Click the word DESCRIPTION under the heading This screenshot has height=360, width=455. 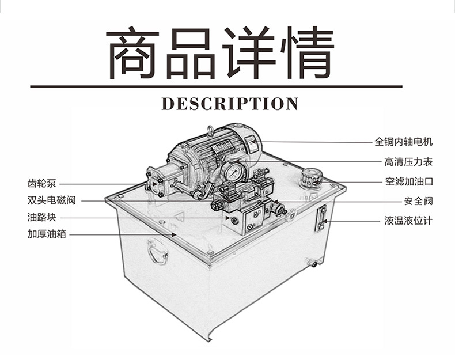click(230, 104)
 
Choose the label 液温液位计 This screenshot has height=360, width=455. click(408, 221)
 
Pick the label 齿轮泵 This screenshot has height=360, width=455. click(41, 184)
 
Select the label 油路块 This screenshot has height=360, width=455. click(41, 218)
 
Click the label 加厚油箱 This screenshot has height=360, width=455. click(46, 234)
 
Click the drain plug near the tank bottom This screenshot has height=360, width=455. click(313, 264)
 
